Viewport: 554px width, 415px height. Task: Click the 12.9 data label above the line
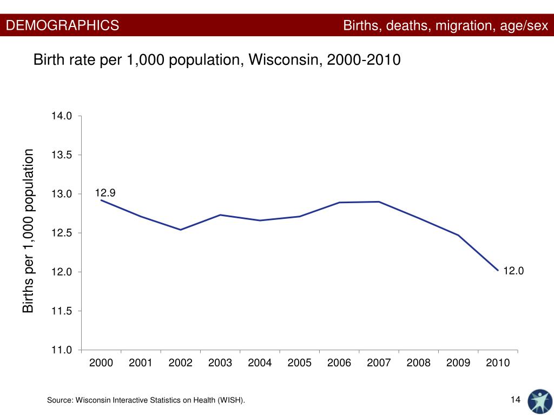click(x=105, y=193)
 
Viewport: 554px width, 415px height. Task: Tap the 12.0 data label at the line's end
click(x=513, y=271)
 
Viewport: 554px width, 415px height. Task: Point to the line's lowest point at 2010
click(x=498, y=270)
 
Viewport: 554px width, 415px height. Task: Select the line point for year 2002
click(x=180, y=230)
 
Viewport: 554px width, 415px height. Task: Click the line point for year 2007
click(x=379, y=202)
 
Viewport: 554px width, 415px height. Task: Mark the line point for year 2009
click(x=458, y=235)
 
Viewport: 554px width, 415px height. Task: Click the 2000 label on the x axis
click(x=101, y=363)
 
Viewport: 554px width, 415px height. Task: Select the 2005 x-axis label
click(x=299, y=363)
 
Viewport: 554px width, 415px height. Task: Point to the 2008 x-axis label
click(x=418, y=363)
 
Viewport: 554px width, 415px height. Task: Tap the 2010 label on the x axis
click(x=498, y=363)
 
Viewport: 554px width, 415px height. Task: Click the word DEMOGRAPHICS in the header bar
click(x=63, y=25)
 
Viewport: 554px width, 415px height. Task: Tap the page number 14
click(x=515, y=399)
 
